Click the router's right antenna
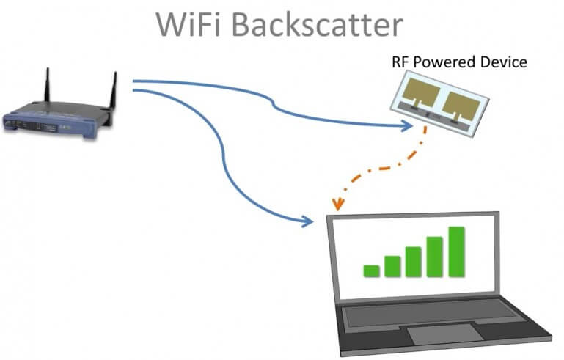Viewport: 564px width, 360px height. (114, 92)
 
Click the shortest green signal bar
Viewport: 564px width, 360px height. (372, 271)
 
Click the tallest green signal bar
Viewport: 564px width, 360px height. (457, 251)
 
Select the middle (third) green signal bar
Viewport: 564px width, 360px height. (414, 262)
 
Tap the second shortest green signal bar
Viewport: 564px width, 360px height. (392, 266)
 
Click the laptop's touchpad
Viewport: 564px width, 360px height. (438, 334)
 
